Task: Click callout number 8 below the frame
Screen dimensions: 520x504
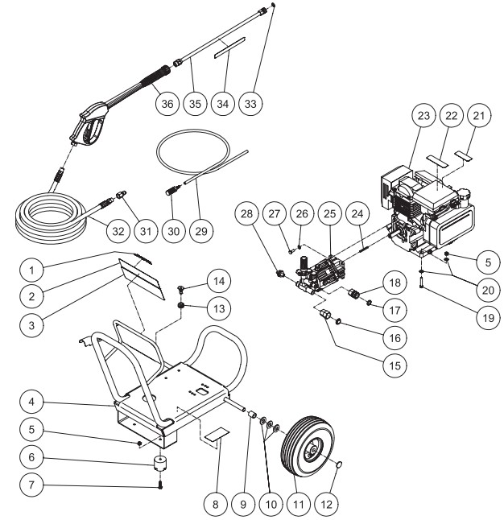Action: [215, 505]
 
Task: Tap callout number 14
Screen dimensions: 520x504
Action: [195, 282]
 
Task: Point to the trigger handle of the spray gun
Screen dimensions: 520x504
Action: [87, 132]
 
